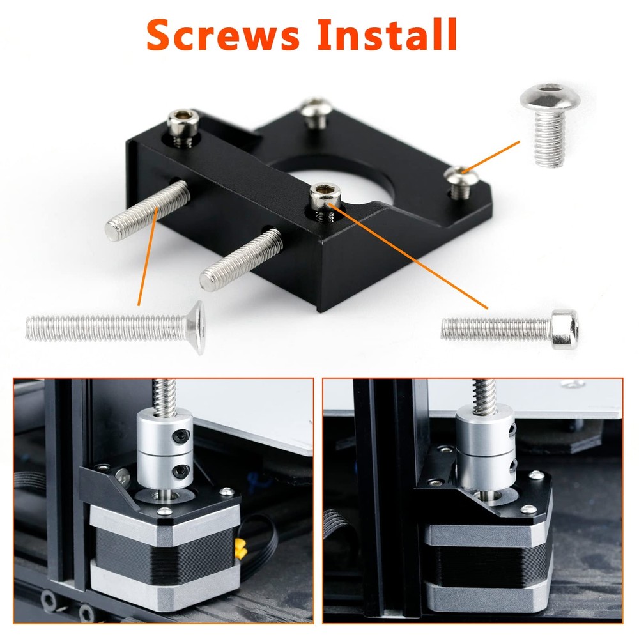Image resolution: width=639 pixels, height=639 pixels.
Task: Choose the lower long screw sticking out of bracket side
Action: pyautogui.click(x=240, y=259)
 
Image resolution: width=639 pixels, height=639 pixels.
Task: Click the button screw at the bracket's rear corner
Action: pyautogui.click(x=316, y=112)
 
